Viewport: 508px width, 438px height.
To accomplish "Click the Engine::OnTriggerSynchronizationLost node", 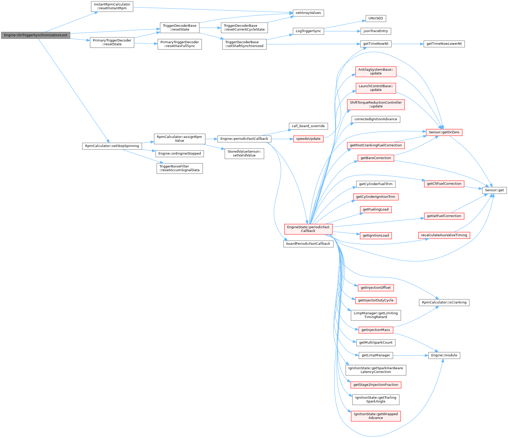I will (x=36, y=35).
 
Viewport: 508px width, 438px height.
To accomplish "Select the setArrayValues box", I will (x=308, y=13).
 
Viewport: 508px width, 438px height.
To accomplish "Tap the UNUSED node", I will (x=376, y=19).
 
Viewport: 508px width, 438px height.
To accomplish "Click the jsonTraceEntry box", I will (x=376, y=31).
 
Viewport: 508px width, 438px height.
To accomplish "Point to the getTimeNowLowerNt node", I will (x=444, y=44).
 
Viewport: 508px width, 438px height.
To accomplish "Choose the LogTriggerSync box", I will (x=308, y=31).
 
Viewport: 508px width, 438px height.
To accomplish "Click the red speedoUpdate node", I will (x=308, y=139).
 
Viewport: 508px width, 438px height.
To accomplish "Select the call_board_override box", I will (x=308, y=126).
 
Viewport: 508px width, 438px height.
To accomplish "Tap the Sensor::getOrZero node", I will (x=444, y=132).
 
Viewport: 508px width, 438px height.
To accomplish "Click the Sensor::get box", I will (x=494, y=190).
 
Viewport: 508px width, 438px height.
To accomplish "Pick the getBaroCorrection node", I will (x=376, y=158).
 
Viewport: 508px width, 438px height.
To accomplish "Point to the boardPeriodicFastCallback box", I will (x=308, y=244).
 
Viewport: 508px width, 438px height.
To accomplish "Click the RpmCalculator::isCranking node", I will (x=444, y=302).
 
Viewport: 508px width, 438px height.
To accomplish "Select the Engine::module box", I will (x=444, y=355).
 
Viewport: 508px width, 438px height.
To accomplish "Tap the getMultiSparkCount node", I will (x=376, y=343).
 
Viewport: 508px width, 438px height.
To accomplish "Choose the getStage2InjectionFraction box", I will (x=376, y=385).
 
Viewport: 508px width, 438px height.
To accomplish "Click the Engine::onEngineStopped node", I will (x=179, y=154).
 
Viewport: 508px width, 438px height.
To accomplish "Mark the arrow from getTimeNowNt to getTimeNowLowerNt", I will (x=407, y=44).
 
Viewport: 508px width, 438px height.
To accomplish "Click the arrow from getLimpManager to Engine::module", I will (x=410, y=355).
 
